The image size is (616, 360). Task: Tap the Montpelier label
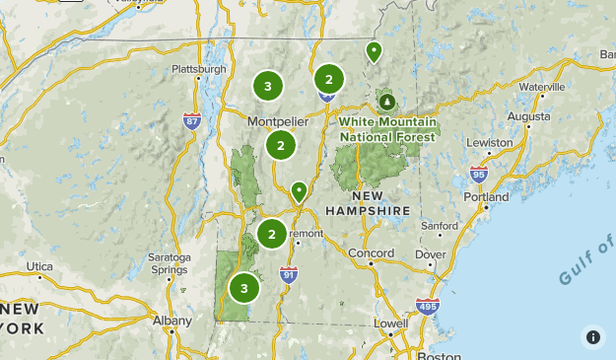click(279, 121)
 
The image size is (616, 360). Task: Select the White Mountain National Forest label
click(386, 129)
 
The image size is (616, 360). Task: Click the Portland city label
click(486, 197)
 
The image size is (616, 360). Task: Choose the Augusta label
click(528, 115)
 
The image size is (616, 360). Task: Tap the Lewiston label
click(490, 142)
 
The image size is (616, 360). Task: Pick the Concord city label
click(372, 253)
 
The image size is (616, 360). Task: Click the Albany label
click(172, 321)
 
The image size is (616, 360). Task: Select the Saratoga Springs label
click(170, 263)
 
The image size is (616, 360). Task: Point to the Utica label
click(39, 266)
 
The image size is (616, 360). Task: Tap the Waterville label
click(542, 87)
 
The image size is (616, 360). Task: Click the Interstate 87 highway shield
click(192, 120)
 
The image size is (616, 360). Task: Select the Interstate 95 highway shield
click(479, 175)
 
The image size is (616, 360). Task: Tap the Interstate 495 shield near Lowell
click(427, 307)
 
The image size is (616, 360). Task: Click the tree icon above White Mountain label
click(387, 101)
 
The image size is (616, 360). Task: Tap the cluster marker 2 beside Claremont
click(272, 234)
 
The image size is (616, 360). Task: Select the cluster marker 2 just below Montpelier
click(281, 146)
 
